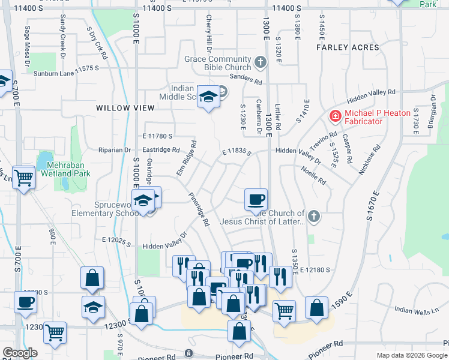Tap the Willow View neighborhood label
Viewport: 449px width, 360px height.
pyautogui.click(x=125, y=108)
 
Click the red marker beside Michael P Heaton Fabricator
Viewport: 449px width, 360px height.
pyautogui.click(x=334, y=116)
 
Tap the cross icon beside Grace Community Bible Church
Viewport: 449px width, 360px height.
pyautogui.click(x=260, y=61)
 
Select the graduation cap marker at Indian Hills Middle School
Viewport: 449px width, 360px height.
pyautogui.click(x=208, y=97)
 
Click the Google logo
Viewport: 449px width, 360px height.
pyautogui.click(x=20, y=353)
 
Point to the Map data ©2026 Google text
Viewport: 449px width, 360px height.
pyautogui.click(x=411, y=355)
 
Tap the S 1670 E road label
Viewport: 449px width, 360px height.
pyautogui.click(x=373, y=205)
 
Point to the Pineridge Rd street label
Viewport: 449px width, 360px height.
pyautogui.click(x=198, y=209)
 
